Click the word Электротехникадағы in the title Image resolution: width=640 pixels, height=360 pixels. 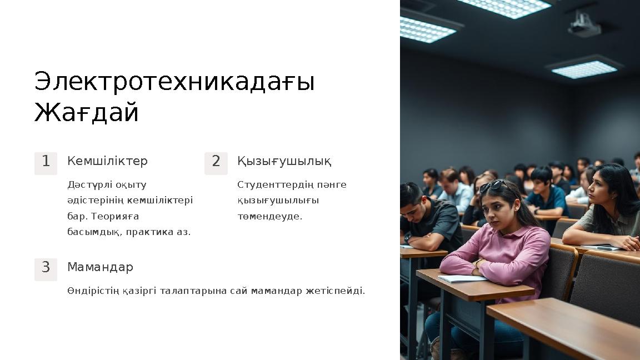coord(174,82)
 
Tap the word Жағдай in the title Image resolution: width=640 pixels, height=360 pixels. coord(86,113)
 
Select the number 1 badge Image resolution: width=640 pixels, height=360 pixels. coord(46,162)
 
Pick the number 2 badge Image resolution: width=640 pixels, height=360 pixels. coord(216,162)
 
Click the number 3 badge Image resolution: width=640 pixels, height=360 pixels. coord(46,268)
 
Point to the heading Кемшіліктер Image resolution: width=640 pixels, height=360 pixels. coord(107,161)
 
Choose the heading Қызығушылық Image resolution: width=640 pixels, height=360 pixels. coord(284,161)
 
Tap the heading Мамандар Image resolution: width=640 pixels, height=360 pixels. coord(100,267)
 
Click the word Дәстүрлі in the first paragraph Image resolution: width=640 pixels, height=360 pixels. coord(87,185)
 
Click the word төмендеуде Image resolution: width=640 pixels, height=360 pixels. coord(269,216)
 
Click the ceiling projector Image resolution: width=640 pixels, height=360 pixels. coord(584,24)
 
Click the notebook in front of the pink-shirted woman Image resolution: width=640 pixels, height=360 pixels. coord(462,278)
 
